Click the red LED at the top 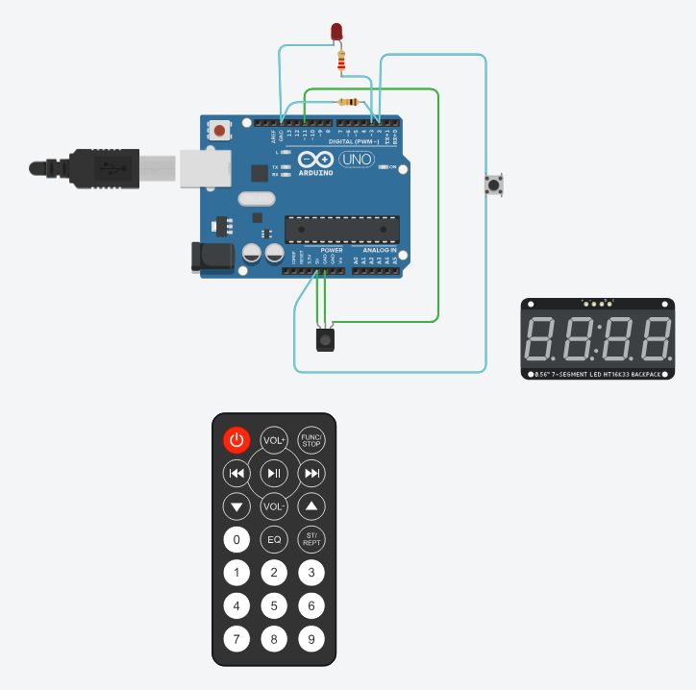336,31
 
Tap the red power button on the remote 236,441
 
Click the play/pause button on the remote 274,473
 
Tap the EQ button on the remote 274,539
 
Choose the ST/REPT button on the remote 311,539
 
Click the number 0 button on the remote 236,539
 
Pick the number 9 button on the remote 311,638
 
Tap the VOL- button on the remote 274,505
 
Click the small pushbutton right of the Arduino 494,185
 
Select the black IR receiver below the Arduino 327,338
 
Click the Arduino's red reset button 221,130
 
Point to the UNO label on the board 353,160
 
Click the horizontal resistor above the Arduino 348,102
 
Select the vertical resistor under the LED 340,62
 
